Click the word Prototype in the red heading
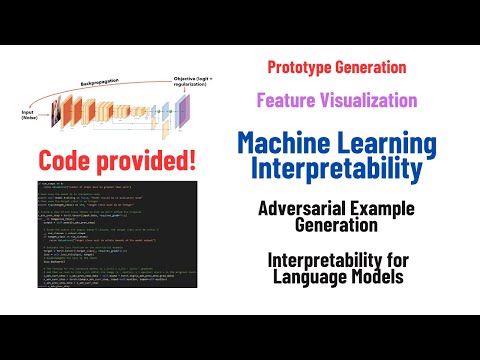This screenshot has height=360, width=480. (301, 68)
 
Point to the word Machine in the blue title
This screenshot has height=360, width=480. (283, 143)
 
